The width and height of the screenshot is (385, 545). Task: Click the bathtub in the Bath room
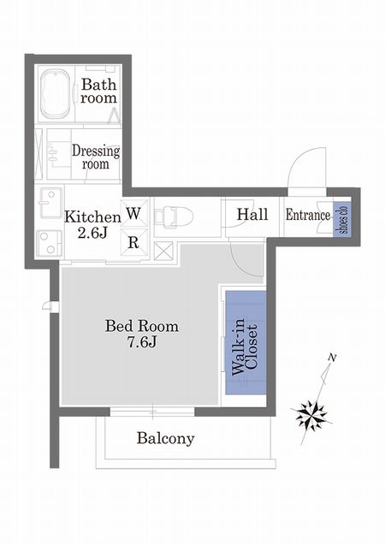point(56,94)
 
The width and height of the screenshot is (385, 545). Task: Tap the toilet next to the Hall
point(174,217)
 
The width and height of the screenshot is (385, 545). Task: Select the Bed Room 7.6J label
point(142,334)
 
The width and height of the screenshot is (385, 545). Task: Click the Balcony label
point(165,439)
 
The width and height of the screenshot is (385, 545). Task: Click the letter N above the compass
point(333,358)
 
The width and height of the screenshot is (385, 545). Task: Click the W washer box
point(133,213)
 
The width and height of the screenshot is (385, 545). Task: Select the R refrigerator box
point(133,242)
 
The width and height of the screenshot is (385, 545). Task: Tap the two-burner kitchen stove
point(50,243)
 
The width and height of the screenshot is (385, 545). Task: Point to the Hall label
point(252,215)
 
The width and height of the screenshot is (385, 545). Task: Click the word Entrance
point(308,215)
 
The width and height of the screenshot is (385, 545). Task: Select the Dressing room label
point(96,157)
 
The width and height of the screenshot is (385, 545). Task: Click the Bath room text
point(98,91)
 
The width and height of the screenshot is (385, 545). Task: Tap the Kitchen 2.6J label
point(92,224)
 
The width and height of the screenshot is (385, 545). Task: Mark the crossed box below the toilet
point(163,251)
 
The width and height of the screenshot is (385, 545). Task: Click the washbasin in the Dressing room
point(55,154)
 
